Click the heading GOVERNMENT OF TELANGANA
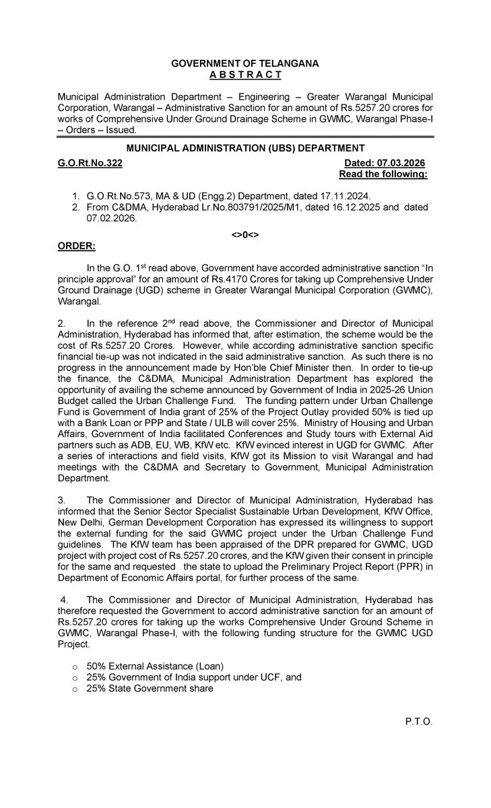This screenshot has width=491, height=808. click(244, 63)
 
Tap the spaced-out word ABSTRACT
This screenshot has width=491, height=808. click(244, 74)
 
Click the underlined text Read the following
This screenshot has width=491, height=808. click(383, 174)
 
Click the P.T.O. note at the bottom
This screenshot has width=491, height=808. click(418, 722)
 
